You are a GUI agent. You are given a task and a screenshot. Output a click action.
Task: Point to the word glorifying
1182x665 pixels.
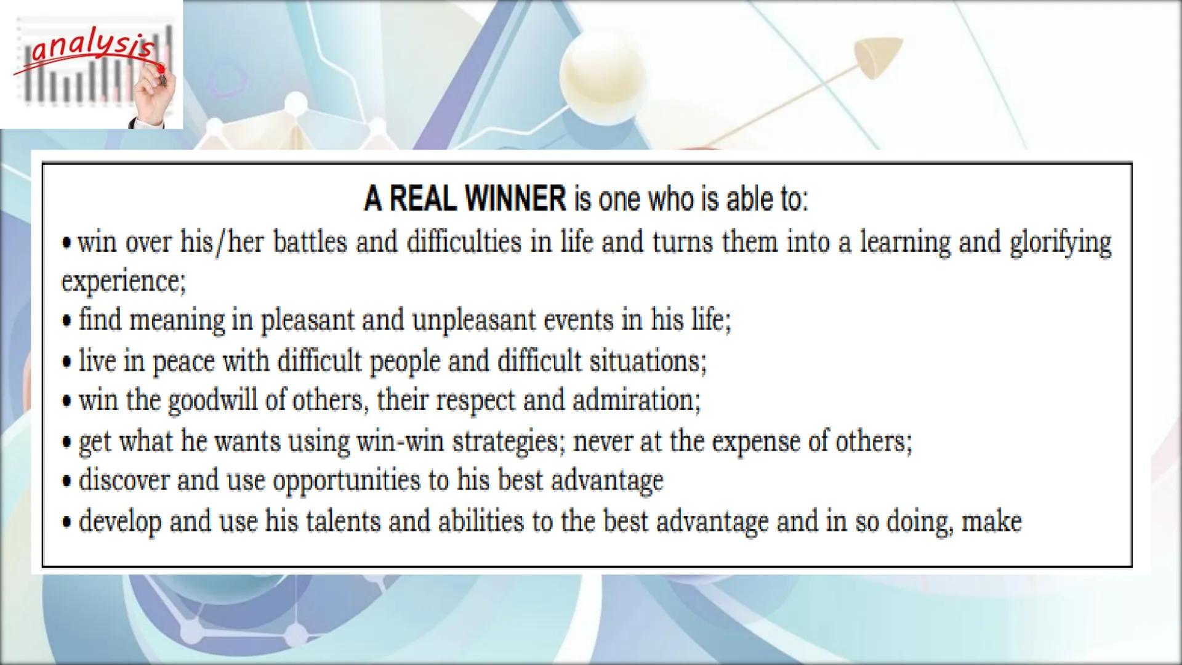(1061, 243)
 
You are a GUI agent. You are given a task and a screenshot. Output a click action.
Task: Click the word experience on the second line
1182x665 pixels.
(123, 282)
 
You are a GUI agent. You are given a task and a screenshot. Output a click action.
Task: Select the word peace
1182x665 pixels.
(183, 361)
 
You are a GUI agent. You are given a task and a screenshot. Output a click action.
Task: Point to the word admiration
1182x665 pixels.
(637, 401)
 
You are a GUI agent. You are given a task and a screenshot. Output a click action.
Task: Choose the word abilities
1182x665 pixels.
(481, 522)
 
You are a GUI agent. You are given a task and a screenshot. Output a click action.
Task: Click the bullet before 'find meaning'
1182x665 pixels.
(67, 321)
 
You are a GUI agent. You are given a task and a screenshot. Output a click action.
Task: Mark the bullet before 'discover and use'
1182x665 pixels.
(67, 482)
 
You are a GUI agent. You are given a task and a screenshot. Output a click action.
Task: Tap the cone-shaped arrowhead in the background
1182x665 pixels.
(878, 57)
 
